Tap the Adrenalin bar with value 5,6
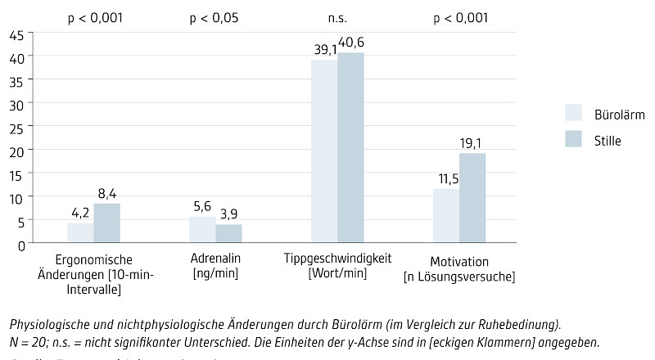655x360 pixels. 202,230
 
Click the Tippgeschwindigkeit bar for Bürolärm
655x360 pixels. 324,151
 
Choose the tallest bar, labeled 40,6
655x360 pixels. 350,148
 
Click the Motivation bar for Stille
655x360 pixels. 472,198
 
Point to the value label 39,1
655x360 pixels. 325,50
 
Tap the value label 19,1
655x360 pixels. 472,143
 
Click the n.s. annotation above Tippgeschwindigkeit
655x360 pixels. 337,17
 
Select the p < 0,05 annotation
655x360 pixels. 214,17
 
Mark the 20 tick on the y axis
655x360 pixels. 17,151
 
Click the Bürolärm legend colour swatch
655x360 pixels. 573,113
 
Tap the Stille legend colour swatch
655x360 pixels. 573,140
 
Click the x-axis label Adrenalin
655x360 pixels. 215,261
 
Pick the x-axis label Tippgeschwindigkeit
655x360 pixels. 337,261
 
